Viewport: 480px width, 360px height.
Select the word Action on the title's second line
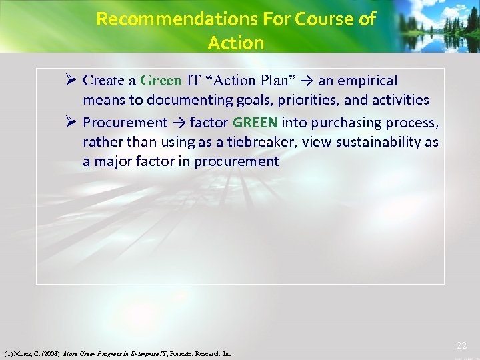pos(236,43)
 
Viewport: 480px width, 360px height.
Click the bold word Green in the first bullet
pos(161,81)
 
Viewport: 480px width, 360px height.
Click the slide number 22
pos(461,345)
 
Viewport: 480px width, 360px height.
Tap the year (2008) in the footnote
pos(47,354)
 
